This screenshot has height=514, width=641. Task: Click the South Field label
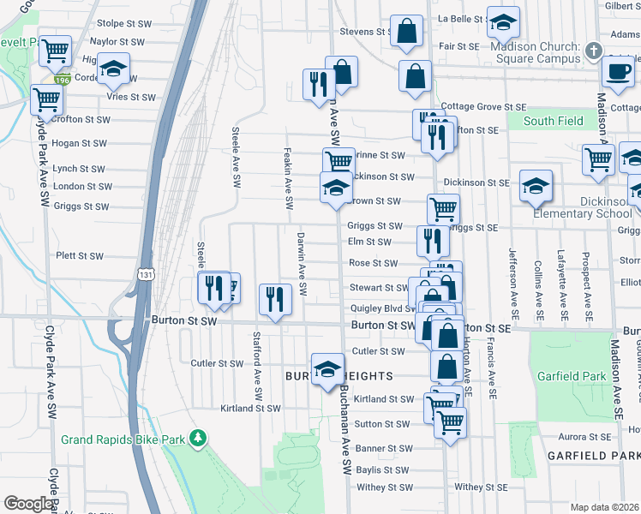[553, 121]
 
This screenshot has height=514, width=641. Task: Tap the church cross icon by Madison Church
[592, 52]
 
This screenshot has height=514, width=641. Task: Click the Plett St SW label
[80, 255]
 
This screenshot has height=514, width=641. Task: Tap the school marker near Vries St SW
[112, 70]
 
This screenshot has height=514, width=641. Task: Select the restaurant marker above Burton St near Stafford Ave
[274, 299]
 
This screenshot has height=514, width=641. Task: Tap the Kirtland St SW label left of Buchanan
[250, 409]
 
